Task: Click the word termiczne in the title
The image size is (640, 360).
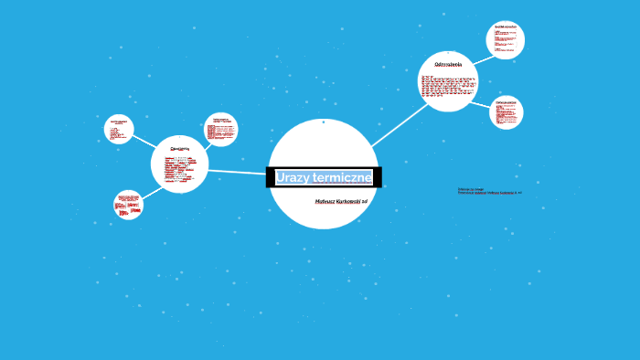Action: tap(341, 177)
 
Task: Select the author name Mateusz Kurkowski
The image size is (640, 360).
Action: tap(336, 200)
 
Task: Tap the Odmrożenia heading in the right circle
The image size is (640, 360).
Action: tap(448, 65)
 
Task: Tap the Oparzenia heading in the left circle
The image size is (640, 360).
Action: tap(179, 147)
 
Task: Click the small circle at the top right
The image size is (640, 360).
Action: tap(505, 39)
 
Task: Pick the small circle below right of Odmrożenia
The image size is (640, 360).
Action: tap(506, 112)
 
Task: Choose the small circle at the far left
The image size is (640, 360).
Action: tap(119, 129)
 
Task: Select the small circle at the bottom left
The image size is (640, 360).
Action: tap(128, 205)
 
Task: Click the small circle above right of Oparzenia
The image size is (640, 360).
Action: tap(220, 129)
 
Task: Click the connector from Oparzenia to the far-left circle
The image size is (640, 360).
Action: tap(143, 142)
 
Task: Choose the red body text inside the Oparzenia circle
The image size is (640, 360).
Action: tap(179, 170)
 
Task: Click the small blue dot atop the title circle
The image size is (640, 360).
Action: tap(323, 122)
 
